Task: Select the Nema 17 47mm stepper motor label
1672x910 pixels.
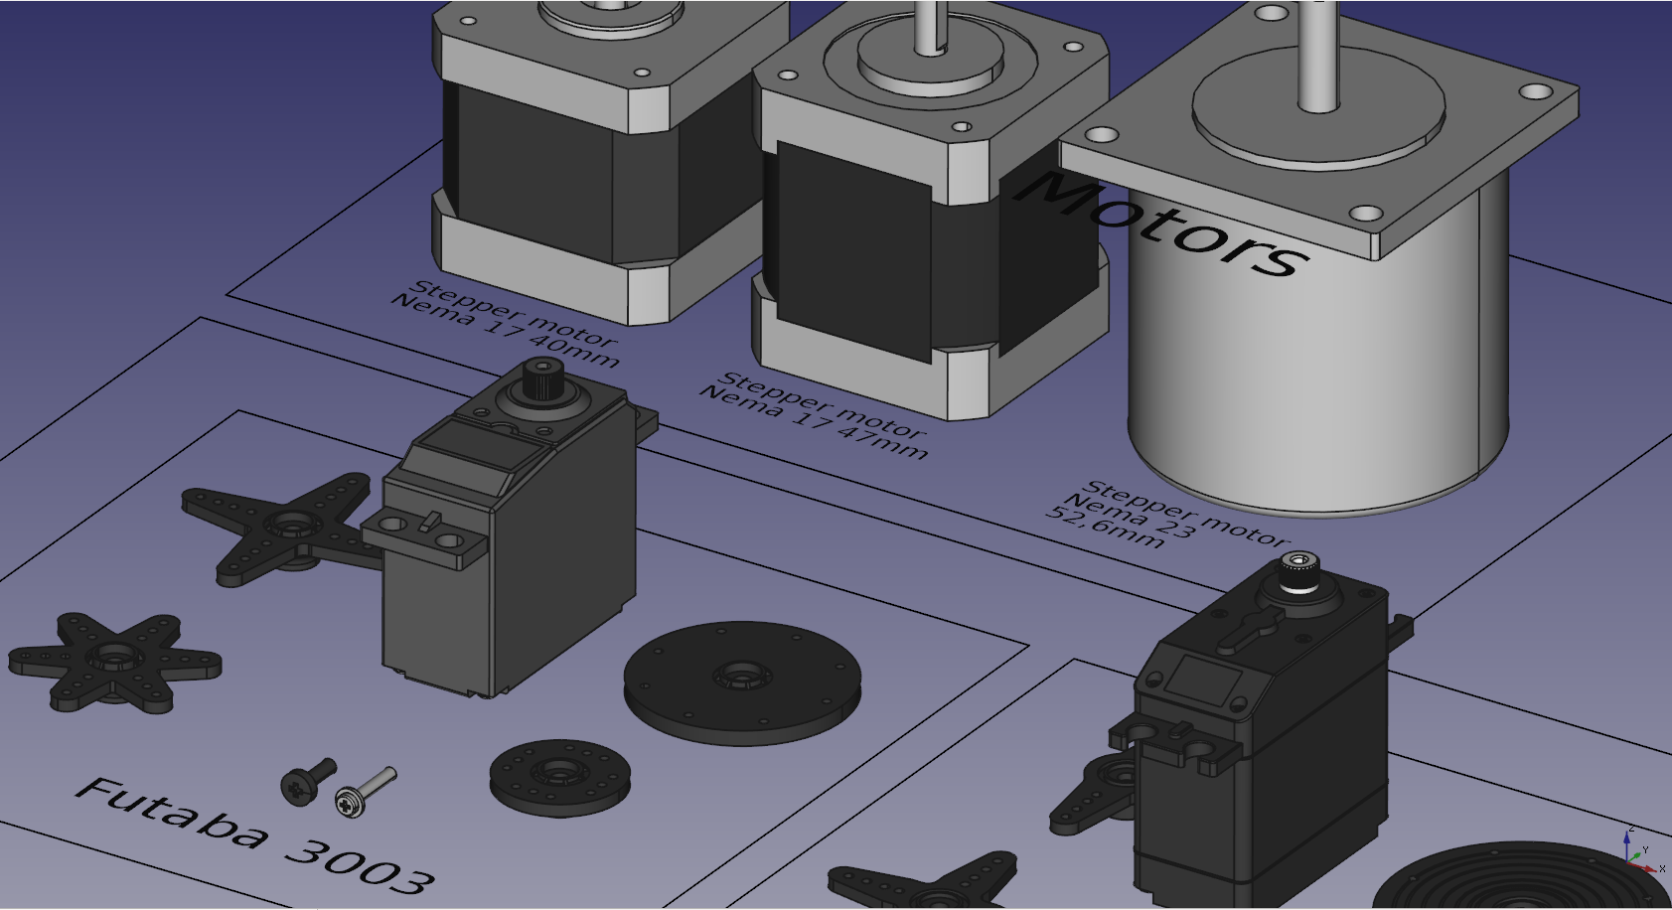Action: click(815, 415)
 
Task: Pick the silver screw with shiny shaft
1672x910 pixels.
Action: click(365, 792)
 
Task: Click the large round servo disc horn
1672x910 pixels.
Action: click(742, 682)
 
